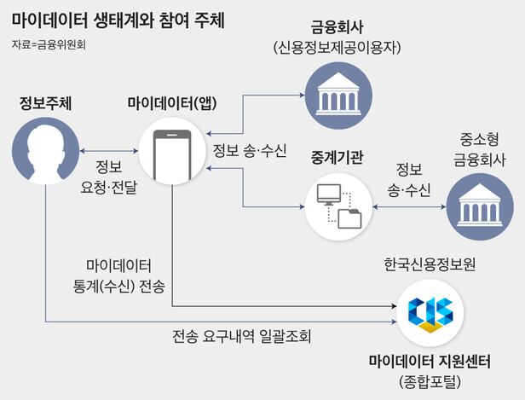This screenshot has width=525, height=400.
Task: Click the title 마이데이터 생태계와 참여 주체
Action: (118, 19)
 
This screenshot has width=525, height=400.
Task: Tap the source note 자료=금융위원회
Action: (49, 43)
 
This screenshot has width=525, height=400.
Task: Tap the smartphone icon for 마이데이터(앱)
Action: (170, 150)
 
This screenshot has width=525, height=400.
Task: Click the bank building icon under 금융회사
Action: (338, 94)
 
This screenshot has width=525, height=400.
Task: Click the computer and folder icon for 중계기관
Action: (338, 206)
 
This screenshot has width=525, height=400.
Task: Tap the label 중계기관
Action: (338, 159)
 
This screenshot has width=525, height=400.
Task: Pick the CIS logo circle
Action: (430, 312)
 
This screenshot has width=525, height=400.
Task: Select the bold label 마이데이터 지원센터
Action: (430, 361)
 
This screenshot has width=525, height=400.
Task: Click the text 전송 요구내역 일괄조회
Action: (241, 336)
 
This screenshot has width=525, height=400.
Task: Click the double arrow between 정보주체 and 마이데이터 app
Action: (107, 151)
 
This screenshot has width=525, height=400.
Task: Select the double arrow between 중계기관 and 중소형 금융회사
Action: (409, 206)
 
